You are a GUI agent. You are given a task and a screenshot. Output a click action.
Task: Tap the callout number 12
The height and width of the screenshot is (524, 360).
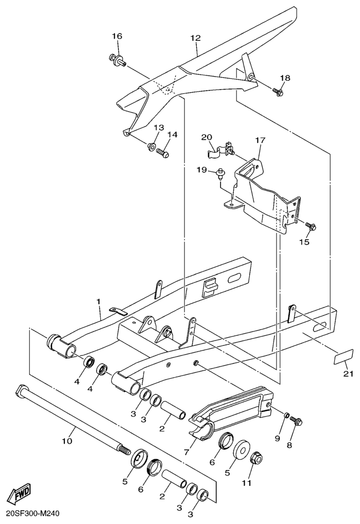(x=195, y=38)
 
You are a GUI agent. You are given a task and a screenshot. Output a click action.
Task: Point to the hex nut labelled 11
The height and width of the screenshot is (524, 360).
(x=256, y=458)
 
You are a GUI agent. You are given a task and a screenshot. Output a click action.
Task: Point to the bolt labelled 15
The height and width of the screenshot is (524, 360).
(x=311, y=226)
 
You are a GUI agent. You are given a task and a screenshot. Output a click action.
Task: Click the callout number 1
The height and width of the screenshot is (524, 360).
(x=98, y=301)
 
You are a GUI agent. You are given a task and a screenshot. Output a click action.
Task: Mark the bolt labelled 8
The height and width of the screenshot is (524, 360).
(x=296, y=422)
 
